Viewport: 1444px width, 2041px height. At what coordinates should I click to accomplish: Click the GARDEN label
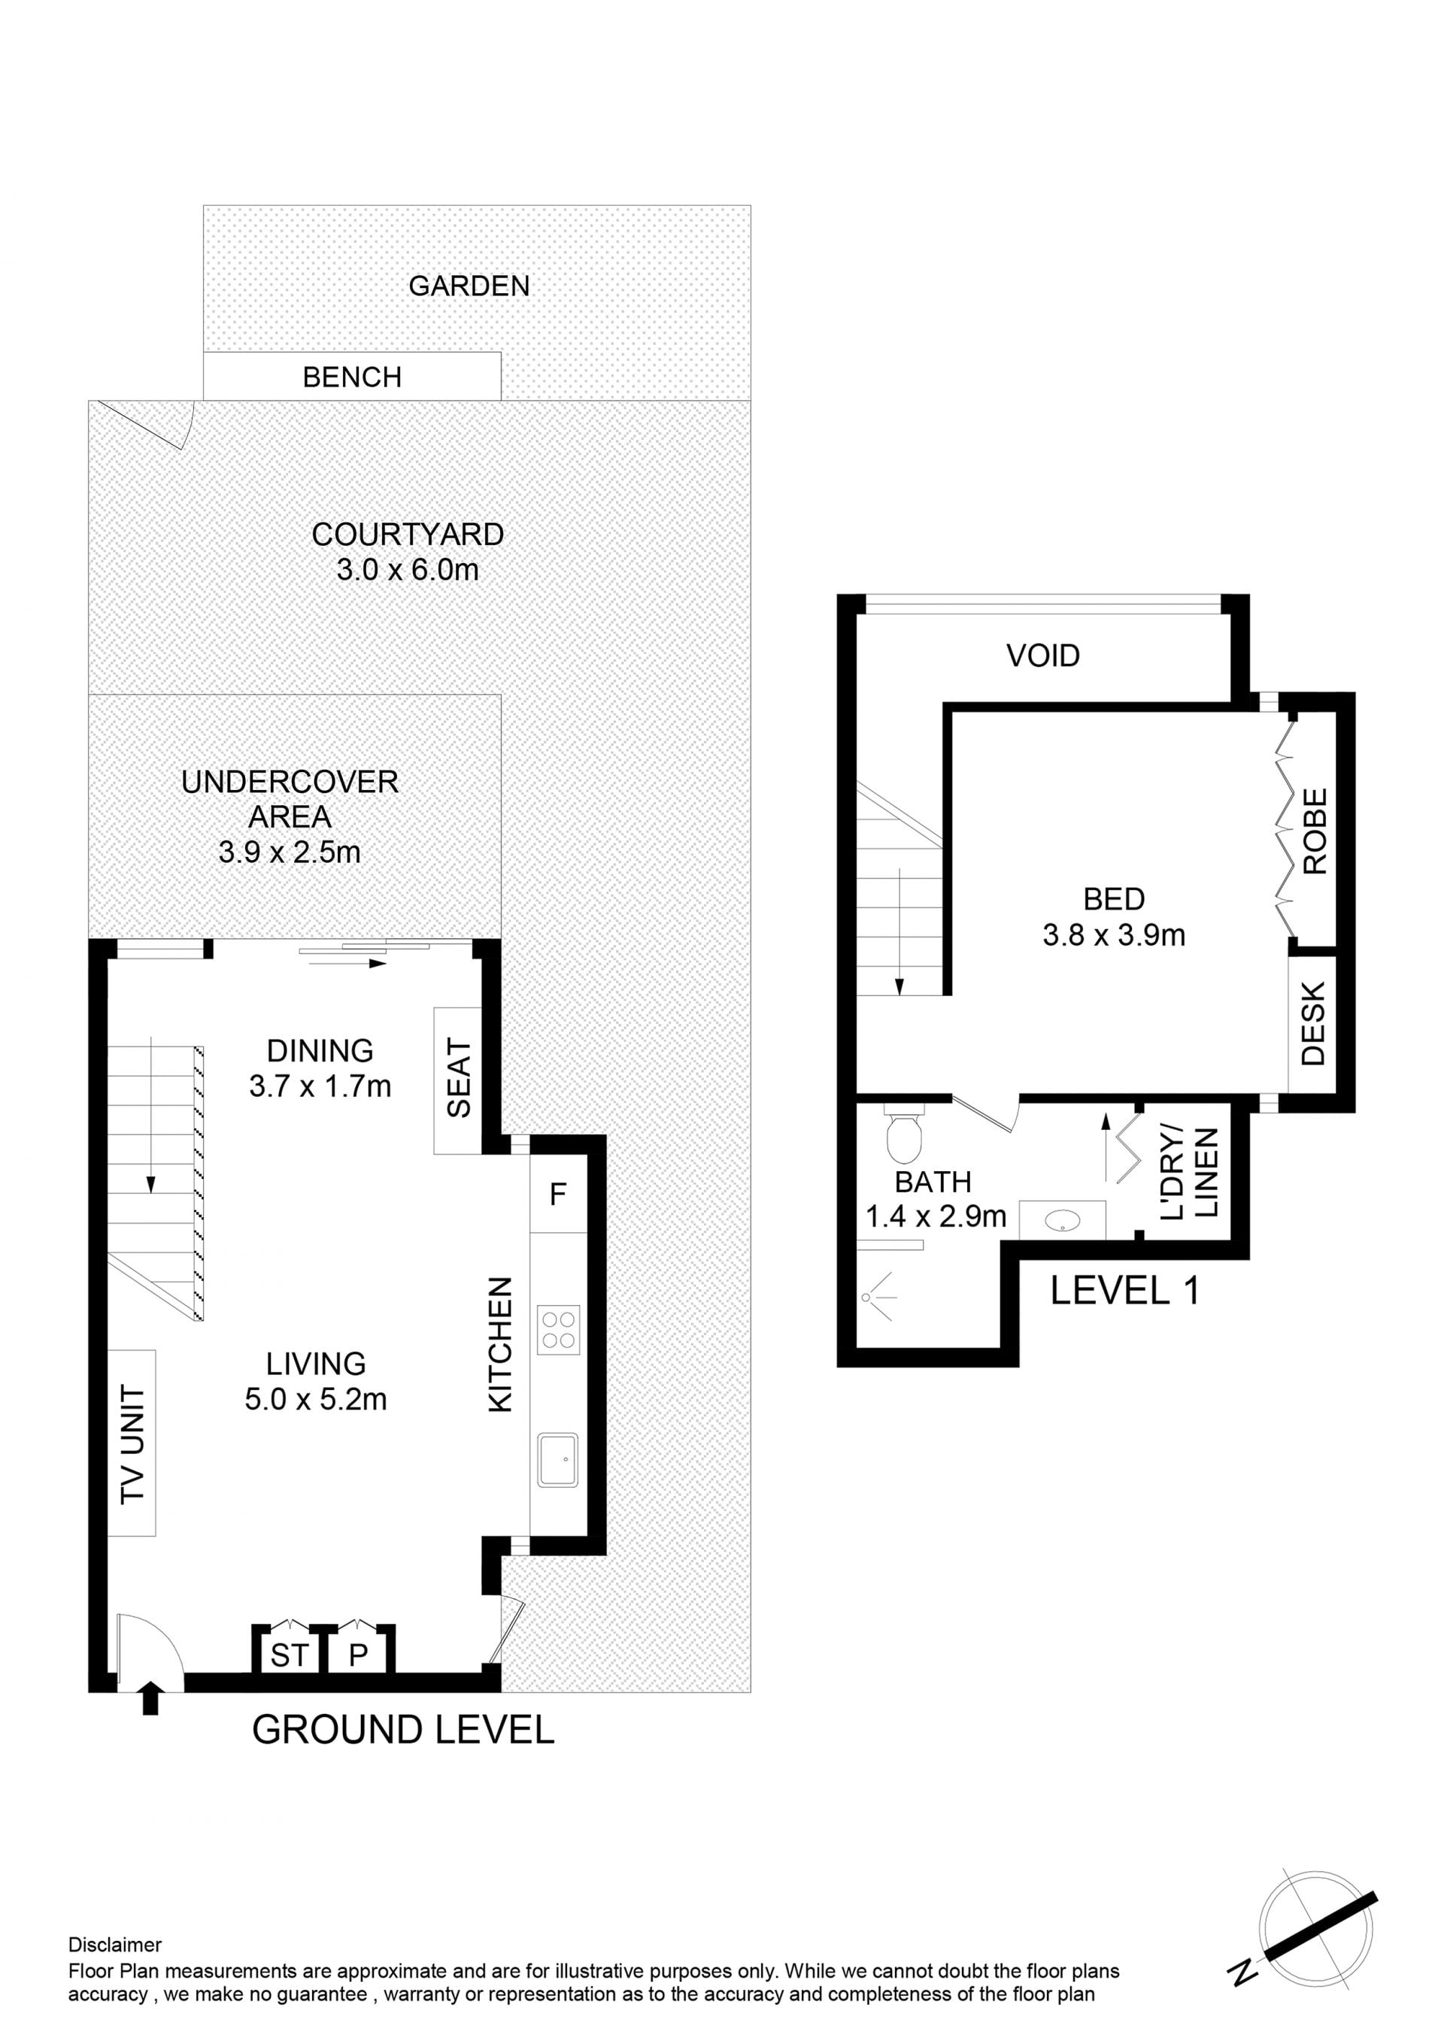tap(469, 286)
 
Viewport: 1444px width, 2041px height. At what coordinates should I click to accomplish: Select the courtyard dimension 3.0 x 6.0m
tap(407, 570)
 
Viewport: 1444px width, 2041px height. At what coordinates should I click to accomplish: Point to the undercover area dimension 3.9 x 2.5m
tap(290, 852)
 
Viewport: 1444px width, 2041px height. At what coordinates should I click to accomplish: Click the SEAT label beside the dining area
tap(458, 1078)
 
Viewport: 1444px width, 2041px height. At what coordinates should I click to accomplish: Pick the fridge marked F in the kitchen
tap(558, 1194)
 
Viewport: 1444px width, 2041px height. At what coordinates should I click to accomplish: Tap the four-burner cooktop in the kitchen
tap(558, 1330)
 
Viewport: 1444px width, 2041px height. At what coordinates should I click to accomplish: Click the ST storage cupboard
tap(290, 1655)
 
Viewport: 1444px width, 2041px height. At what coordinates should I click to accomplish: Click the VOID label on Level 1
tap(1043, 656)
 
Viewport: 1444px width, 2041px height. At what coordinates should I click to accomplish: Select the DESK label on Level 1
tap(1312, 1023)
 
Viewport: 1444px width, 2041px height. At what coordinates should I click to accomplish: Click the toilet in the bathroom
tap(904, 1135)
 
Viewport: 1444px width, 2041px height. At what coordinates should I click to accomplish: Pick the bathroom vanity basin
tap(1062, 1222)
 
